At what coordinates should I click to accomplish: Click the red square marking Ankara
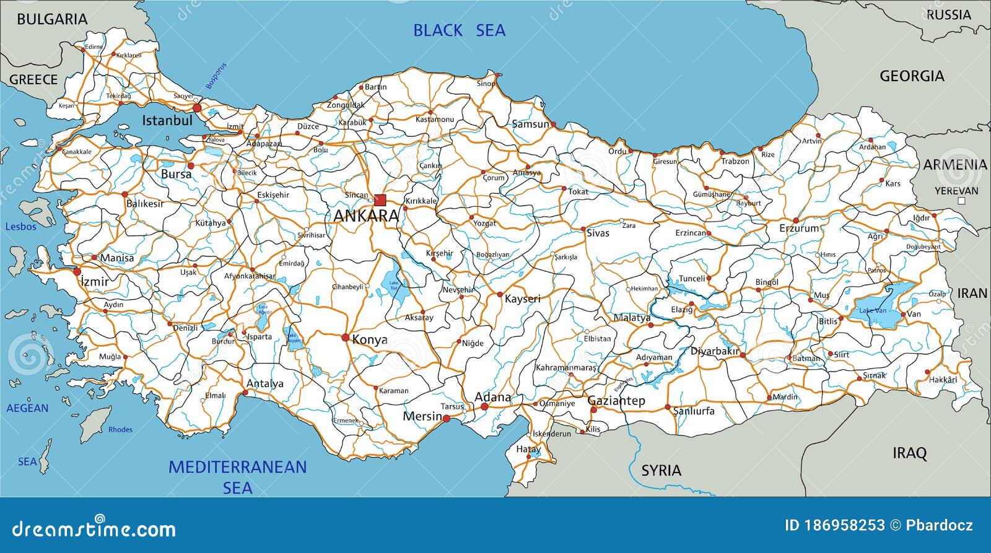tap(380, 200)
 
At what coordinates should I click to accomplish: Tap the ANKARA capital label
tap(366, 216)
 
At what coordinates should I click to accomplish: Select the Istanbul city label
tap(167, 121)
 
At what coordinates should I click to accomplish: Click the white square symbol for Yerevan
tap(961, 201)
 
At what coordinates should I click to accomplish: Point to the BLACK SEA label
tap(459, 30)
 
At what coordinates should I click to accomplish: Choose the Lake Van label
tap(872, 310)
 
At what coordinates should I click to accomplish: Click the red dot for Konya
tap(345, 337)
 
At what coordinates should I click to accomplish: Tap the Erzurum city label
tap(799, 229)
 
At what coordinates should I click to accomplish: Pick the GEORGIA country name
tap(912, 76)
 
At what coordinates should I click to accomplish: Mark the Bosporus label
tap(216, 76)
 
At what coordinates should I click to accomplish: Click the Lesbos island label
tap(21, 227)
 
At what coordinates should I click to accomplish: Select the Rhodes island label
tap(120, 429)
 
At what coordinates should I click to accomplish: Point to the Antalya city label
tap(264, 384)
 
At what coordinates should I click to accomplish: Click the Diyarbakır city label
tap(715, 351)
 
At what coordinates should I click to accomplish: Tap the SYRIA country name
tap(661, 471)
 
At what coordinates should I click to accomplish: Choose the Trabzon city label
tap(735, 161)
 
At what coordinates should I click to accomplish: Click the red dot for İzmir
tap(77, 271)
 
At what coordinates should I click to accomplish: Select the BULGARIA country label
tap(52, 19)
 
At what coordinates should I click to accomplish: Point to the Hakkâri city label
tap(943, 380)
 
